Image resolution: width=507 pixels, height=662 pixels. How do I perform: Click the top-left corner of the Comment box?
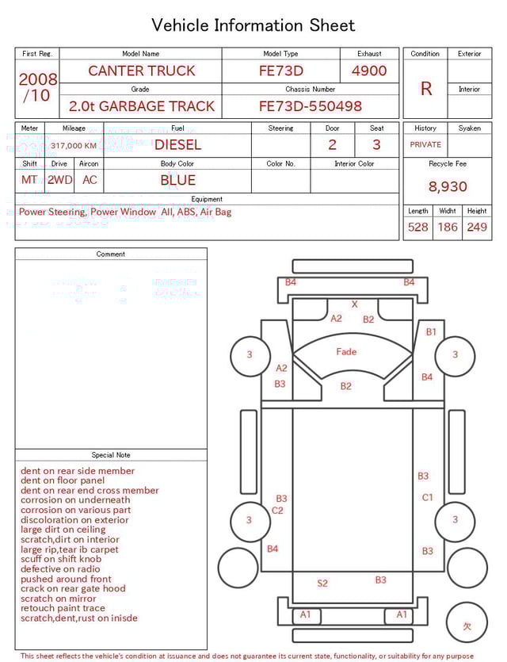[15, 248]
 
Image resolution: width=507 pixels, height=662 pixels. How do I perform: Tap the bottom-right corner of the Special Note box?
[207, 649]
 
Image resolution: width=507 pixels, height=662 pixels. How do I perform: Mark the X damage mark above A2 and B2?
[355, 304]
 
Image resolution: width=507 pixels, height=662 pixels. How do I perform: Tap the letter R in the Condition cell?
[426, 89]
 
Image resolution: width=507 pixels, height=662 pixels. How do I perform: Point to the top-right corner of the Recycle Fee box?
[492, 158]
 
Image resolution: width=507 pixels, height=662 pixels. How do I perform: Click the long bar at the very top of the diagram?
[353, 266]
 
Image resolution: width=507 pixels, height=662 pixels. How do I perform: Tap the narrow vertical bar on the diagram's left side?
[249, 452]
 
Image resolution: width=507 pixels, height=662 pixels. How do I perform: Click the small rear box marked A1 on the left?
[307, 615]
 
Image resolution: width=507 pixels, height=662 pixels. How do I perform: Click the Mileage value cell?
[74, 146]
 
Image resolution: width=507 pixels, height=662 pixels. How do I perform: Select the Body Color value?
[178, 181]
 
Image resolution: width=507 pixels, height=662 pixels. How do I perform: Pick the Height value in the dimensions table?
[477, 227]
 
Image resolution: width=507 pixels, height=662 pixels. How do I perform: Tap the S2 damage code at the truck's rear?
[322, 584]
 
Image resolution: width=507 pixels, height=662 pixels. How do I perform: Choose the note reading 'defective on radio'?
[60, 569]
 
